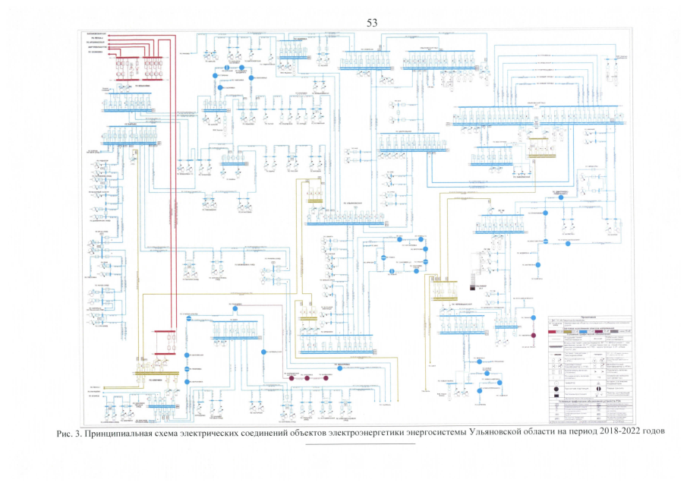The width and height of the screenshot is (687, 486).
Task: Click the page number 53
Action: click(x=372, y=23)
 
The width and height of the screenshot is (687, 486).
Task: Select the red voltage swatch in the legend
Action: click(x=556, y=332)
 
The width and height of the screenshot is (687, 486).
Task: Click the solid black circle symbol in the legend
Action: click(x=554, y=389)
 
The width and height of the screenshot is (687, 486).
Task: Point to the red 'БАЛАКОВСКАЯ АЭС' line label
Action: click(x=98, y=35)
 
